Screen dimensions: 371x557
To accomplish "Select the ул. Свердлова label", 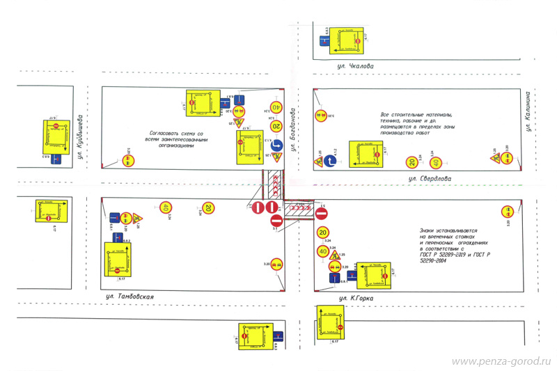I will [430, 179].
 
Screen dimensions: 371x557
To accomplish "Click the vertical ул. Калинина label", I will [530, 111].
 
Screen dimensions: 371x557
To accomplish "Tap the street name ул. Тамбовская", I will [125, 297].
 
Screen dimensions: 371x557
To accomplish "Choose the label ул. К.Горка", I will [356, 299].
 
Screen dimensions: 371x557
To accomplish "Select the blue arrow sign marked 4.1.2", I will [329, 161].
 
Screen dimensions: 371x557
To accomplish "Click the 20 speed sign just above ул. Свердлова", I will [412, 163].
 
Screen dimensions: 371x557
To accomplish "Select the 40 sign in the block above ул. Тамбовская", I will [166, 207].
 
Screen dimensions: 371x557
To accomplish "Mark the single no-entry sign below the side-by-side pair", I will [276, 220].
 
